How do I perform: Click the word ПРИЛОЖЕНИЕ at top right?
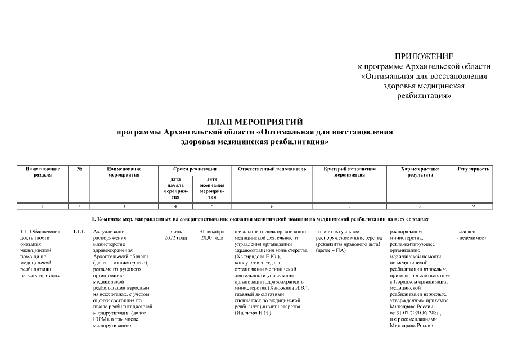[x=424, y=56]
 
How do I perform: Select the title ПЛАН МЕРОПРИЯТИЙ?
[x=254, y=121]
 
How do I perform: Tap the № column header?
[x=79, y=169]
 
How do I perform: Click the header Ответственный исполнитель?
[x=272, y=169]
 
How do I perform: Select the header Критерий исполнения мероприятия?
[x=349, y=172]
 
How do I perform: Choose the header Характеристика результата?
[x=420, y=172]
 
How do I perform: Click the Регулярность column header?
[x=474, y=169]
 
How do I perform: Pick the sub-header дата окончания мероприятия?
[x=212, y=188]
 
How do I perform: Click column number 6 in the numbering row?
[x=272, y=206]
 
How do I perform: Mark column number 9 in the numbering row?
[x=474, y=206]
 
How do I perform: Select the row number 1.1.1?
[x=79, y=232]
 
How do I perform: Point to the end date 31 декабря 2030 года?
[x=212, y=235]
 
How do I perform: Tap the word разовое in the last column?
[x=466, y=232]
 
